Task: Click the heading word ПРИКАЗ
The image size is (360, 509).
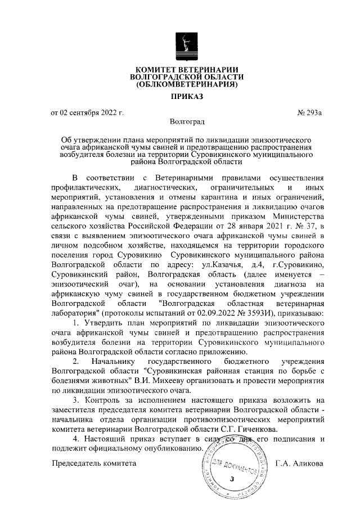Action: click(x=186, y=97)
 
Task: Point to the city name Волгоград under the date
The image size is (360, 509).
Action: click(x=187, y=121)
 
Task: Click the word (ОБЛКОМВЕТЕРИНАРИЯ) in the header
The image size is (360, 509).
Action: click(x=186, y=85)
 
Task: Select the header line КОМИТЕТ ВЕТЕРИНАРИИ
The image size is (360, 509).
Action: click(x=186, y=68)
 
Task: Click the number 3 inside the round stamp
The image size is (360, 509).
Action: click(x=231, y=479)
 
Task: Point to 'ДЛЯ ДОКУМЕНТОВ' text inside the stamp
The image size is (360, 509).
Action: click(x=236, y=465)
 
